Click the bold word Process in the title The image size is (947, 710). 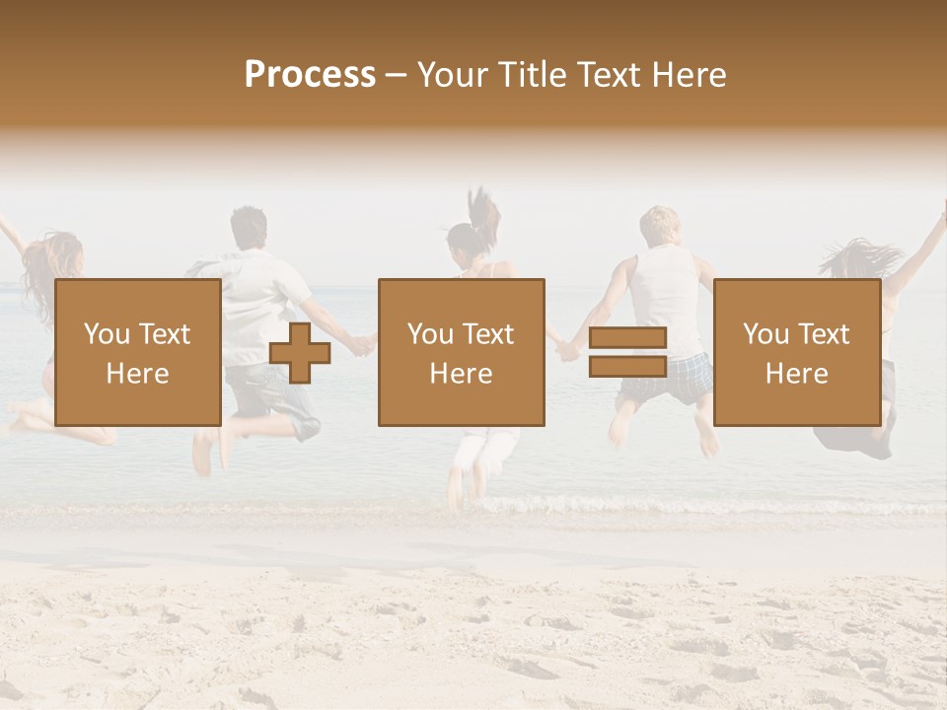pyautogui.click(x=310, y=75)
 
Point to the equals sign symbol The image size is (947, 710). pyautogui.click(x=627, y=352)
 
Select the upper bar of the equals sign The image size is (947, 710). pyautogui.click(x=627, y=338)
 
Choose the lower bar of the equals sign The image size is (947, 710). pyautogui.click(x=627, y=367)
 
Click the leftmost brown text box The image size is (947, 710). pyautogui.click(x=137, y=352)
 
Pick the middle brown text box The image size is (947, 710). pyautogui.click(x=461, y=352)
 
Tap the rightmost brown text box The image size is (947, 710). pyautogui.click(x=796, y=352)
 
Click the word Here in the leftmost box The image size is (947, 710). pyautogui.click(x=137, y=374)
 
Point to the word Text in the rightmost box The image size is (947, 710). pyautogui.click(x=824, y=334)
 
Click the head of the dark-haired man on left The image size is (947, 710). pyautogui.click(x=248, y=228)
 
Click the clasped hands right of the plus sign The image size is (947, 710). pyautogui.click(x=364, y=344)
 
